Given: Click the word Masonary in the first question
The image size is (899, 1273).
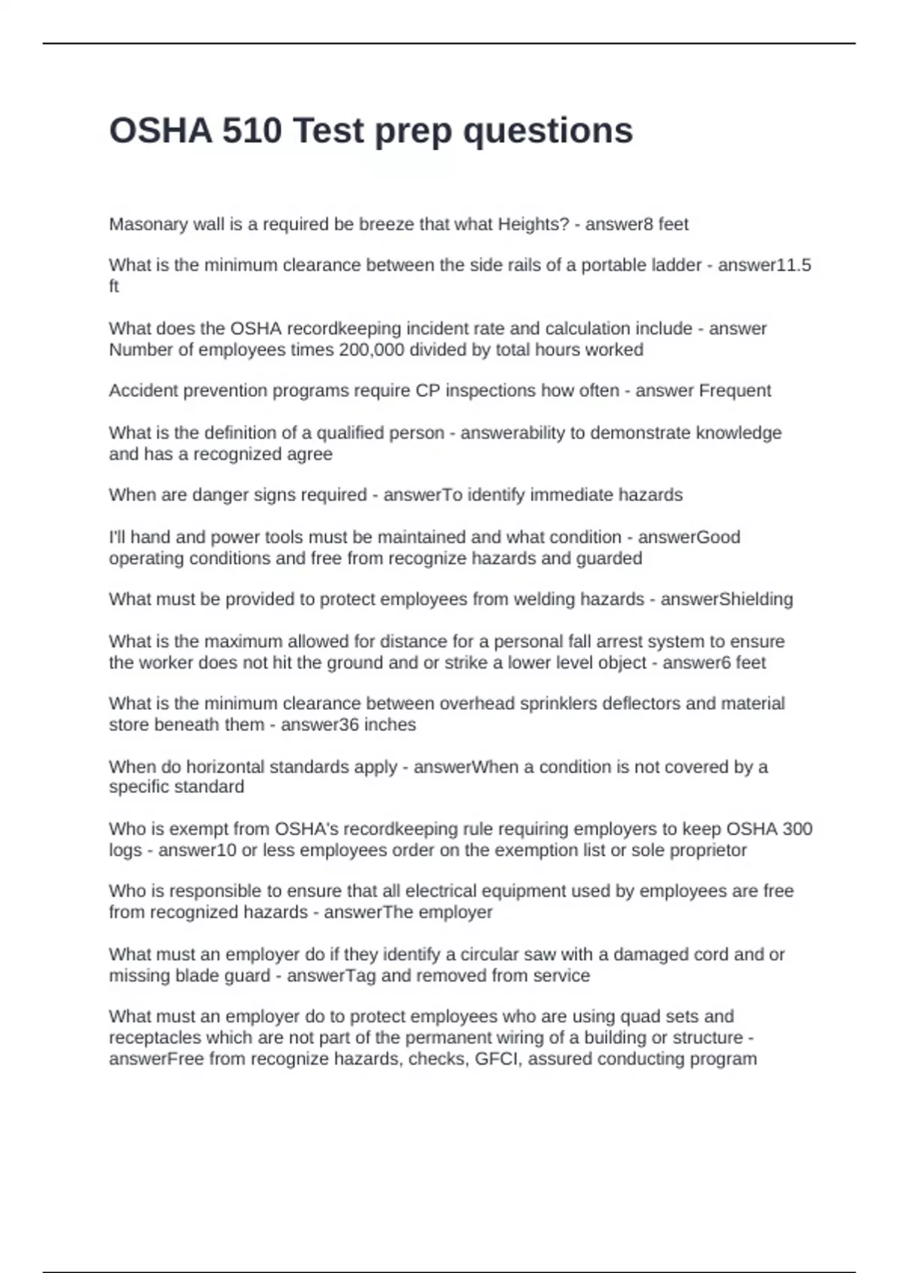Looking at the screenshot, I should click(144, 225).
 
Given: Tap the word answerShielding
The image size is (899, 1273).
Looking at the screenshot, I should click(726, 599).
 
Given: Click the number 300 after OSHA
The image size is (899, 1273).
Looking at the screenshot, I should click(797, 829).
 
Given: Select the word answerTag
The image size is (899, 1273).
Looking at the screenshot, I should click(321, 976).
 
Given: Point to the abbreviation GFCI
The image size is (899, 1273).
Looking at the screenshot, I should click(497, 1059).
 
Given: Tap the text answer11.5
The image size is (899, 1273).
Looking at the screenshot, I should click(764, 265).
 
